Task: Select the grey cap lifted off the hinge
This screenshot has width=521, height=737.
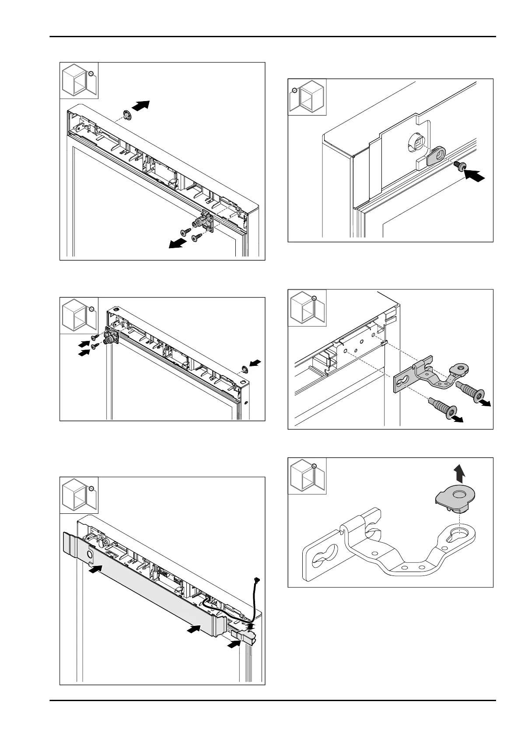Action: [x=455, y=500]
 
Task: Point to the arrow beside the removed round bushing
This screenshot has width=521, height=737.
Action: [x=140, y=105]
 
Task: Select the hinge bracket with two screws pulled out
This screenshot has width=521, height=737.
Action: [x=205, y=221]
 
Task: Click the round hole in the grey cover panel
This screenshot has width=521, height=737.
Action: [x=90, y=554]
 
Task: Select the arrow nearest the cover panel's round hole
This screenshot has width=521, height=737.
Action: [x=97, y=569]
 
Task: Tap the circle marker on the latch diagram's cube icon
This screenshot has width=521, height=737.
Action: [x=294, y=91]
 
